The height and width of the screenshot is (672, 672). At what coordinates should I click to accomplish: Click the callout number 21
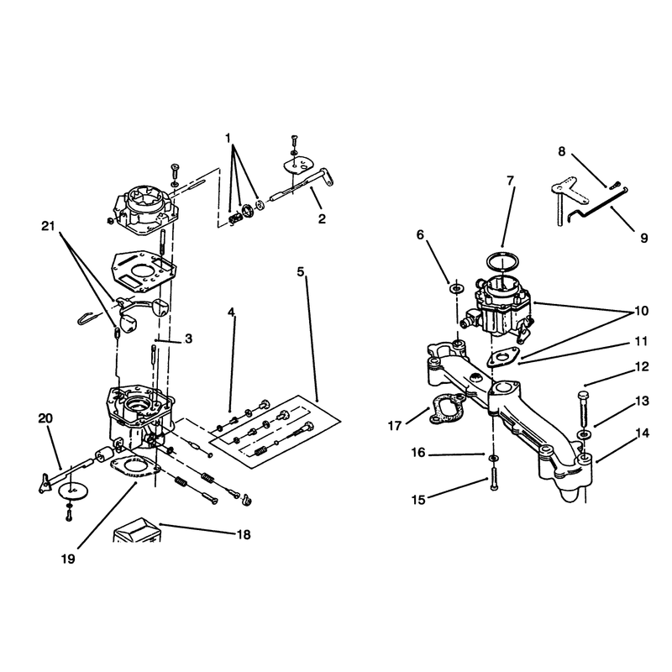pyautogui.click(x=48, y=226)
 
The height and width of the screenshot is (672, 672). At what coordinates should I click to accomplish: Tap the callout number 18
pyautogui.click(x=244, y=535)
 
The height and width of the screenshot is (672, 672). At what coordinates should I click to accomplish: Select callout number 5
pyautogui.click(x=301, y=271)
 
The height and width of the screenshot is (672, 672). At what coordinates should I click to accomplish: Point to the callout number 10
pyautogui.click(x=641, y=311)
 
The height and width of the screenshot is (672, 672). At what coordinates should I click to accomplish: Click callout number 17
pyautogui.click(x=395, y=426)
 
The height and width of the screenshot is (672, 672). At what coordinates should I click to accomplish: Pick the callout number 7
pyautogui.click(x=510, y=181)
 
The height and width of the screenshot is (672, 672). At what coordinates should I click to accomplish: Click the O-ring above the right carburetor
pyautogui.click(x=503, y=262)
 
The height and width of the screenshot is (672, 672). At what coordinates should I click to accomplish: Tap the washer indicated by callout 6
pyautogui.click(x=456, y=288)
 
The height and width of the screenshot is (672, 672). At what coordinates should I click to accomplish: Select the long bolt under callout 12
pyautogui.click(x=585, y=412)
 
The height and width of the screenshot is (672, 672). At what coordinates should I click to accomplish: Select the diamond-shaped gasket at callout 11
pyautogui.click(x=503, y=357)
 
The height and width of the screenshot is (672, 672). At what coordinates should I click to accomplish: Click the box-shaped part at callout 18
pyautogui.click(x=137, y=531)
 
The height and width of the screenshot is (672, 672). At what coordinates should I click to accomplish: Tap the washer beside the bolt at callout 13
pyautogui.click(x=583, y=434)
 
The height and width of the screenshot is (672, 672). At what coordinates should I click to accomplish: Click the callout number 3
pyautogui.click(x=188, y=339)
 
